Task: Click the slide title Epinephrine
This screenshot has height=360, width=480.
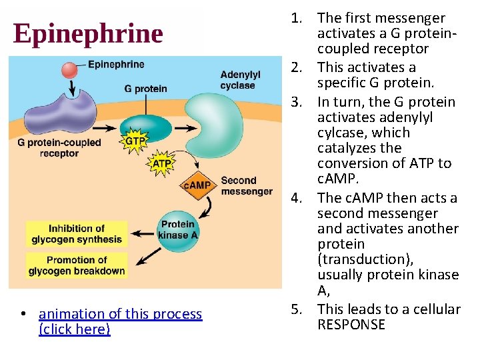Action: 87,33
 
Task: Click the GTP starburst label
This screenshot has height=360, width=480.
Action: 135,141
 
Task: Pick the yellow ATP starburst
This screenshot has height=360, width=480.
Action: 162,163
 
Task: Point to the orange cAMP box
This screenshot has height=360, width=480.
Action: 197,185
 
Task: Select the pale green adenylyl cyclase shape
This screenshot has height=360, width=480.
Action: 213,117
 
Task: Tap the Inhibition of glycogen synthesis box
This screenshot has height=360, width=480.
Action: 76,234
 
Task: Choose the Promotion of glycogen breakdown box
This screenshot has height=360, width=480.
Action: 76,265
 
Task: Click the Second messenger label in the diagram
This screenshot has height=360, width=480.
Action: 247,186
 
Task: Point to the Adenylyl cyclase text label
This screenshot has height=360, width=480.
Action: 240,80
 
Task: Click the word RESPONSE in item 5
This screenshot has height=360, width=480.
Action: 351,325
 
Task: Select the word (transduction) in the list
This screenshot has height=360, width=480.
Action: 361,259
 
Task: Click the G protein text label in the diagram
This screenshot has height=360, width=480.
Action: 145,89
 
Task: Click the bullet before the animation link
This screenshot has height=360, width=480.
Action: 23,314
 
